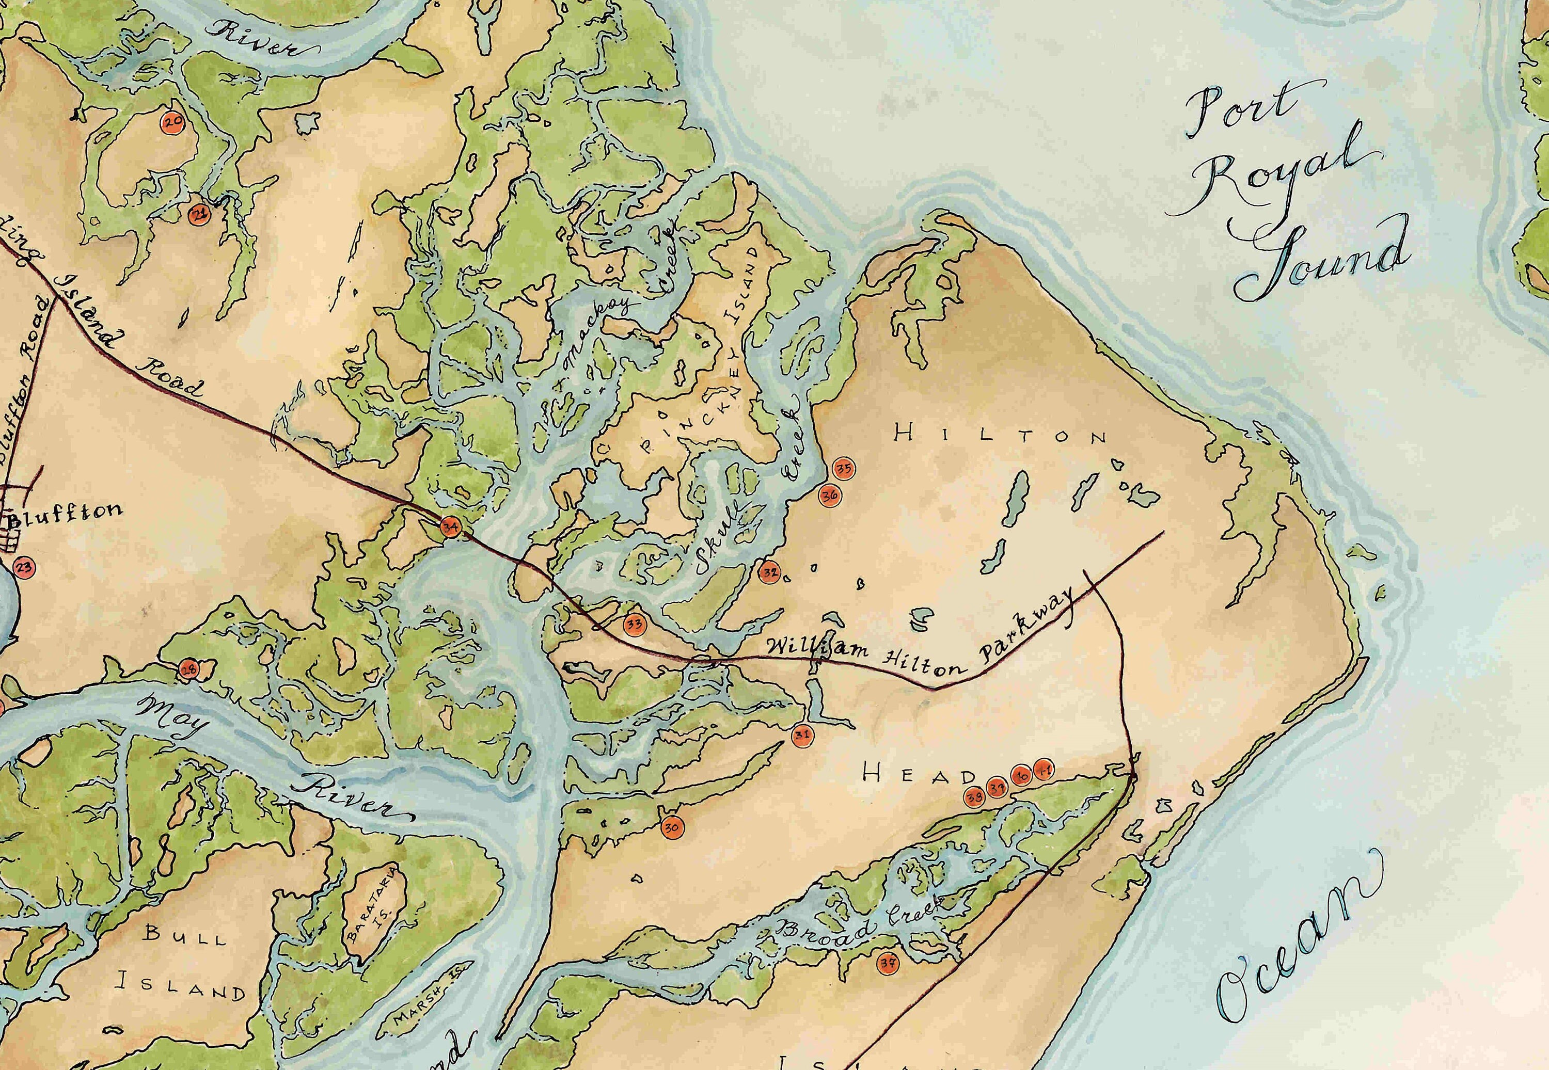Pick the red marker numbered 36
(x=829, y=496)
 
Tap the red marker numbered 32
(x=770, y=572)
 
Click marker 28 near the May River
(x=189, y=668)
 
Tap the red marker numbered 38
(x=974, y=797)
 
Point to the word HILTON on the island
(x=1001, y=435)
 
